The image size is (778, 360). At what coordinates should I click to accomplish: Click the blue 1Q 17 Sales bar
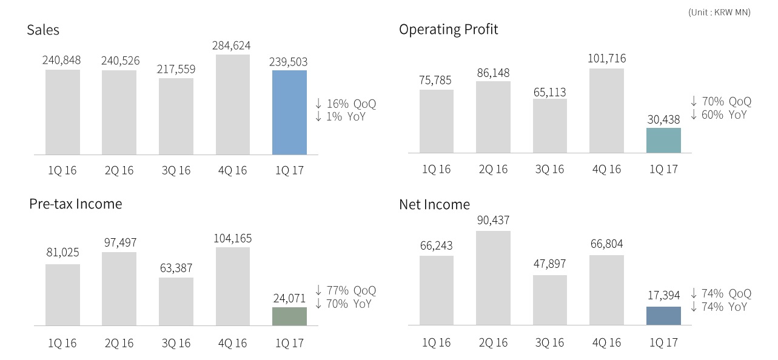289,112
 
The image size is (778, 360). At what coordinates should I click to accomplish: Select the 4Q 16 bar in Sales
232,104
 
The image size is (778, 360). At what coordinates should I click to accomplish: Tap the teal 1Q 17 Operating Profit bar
663,140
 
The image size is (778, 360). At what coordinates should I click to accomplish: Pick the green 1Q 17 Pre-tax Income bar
289,316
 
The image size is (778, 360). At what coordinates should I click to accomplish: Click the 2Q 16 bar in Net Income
493,278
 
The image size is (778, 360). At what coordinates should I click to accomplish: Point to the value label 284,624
231,45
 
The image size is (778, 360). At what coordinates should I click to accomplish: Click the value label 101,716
606,59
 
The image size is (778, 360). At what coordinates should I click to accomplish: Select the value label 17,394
663,295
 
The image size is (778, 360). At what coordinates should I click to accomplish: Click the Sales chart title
43,30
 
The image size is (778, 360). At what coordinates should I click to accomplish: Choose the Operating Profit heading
448,29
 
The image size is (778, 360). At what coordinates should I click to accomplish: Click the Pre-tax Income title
75,204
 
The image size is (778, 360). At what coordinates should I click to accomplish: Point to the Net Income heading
434,204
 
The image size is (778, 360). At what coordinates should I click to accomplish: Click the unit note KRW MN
719,12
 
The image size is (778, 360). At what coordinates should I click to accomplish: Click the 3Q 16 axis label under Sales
176,170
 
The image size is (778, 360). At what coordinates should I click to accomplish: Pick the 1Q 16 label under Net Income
436,342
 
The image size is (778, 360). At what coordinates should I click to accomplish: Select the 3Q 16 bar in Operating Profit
550,125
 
